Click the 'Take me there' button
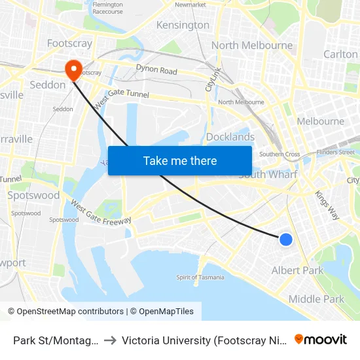click(179, 160)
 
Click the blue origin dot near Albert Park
click(286, 240)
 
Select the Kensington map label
click(183, 26)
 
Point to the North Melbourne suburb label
click(252, 45)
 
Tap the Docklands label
click(230, 137)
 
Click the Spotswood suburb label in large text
click(33, 195)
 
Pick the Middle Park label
click(316, 299)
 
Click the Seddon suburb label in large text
click(48, 84)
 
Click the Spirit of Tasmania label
click(200, 278)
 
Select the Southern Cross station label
click(279, 154)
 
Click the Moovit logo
click(321, 339)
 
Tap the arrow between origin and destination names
click(110, 340)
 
